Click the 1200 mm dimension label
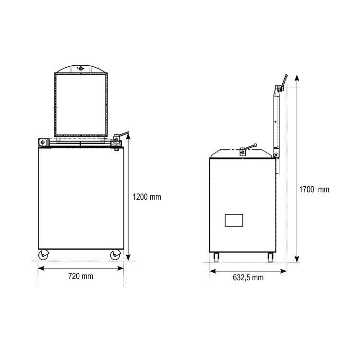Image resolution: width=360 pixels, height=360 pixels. coord(147,197)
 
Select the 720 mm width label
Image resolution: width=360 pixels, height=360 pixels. coord(81,276)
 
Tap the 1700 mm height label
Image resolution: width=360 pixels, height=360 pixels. coord(314,190)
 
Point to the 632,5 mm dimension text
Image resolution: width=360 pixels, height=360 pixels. coord(248,277)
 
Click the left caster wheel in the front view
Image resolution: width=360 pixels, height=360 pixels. coord(43,255)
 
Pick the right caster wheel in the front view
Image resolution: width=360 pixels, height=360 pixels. coord(115,255)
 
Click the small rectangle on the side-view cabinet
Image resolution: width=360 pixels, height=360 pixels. coord(234,220)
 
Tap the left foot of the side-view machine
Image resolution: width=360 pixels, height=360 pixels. coord(216,257)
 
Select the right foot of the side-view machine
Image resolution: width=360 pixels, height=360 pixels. coord(270,257)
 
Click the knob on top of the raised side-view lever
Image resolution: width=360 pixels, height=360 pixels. coord(286,75)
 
